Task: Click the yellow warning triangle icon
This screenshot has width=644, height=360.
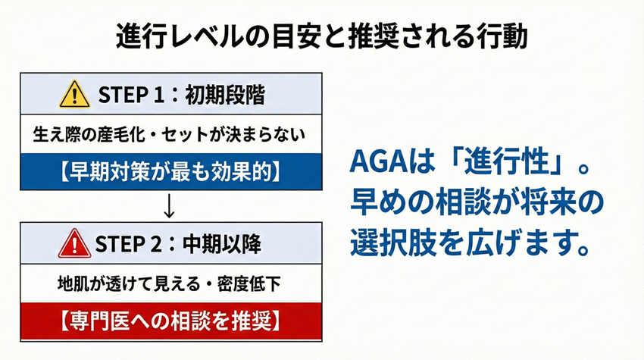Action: coord(74,95)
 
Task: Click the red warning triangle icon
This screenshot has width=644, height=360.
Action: coord(74,244)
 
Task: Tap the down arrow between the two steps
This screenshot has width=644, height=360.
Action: coord(169,206)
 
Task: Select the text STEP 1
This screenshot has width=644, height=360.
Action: coord(131,95)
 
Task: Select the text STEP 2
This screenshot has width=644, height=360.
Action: coord(129,244)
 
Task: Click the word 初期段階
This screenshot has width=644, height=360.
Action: coord(225,95)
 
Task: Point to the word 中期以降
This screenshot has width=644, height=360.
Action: coord(222,244)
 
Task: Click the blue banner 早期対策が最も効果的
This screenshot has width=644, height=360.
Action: coord(171,172)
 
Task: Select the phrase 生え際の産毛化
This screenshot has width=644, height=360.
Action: coord(89,134)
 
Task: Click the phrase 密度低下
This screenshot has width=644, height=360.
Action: coord(249,283)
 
